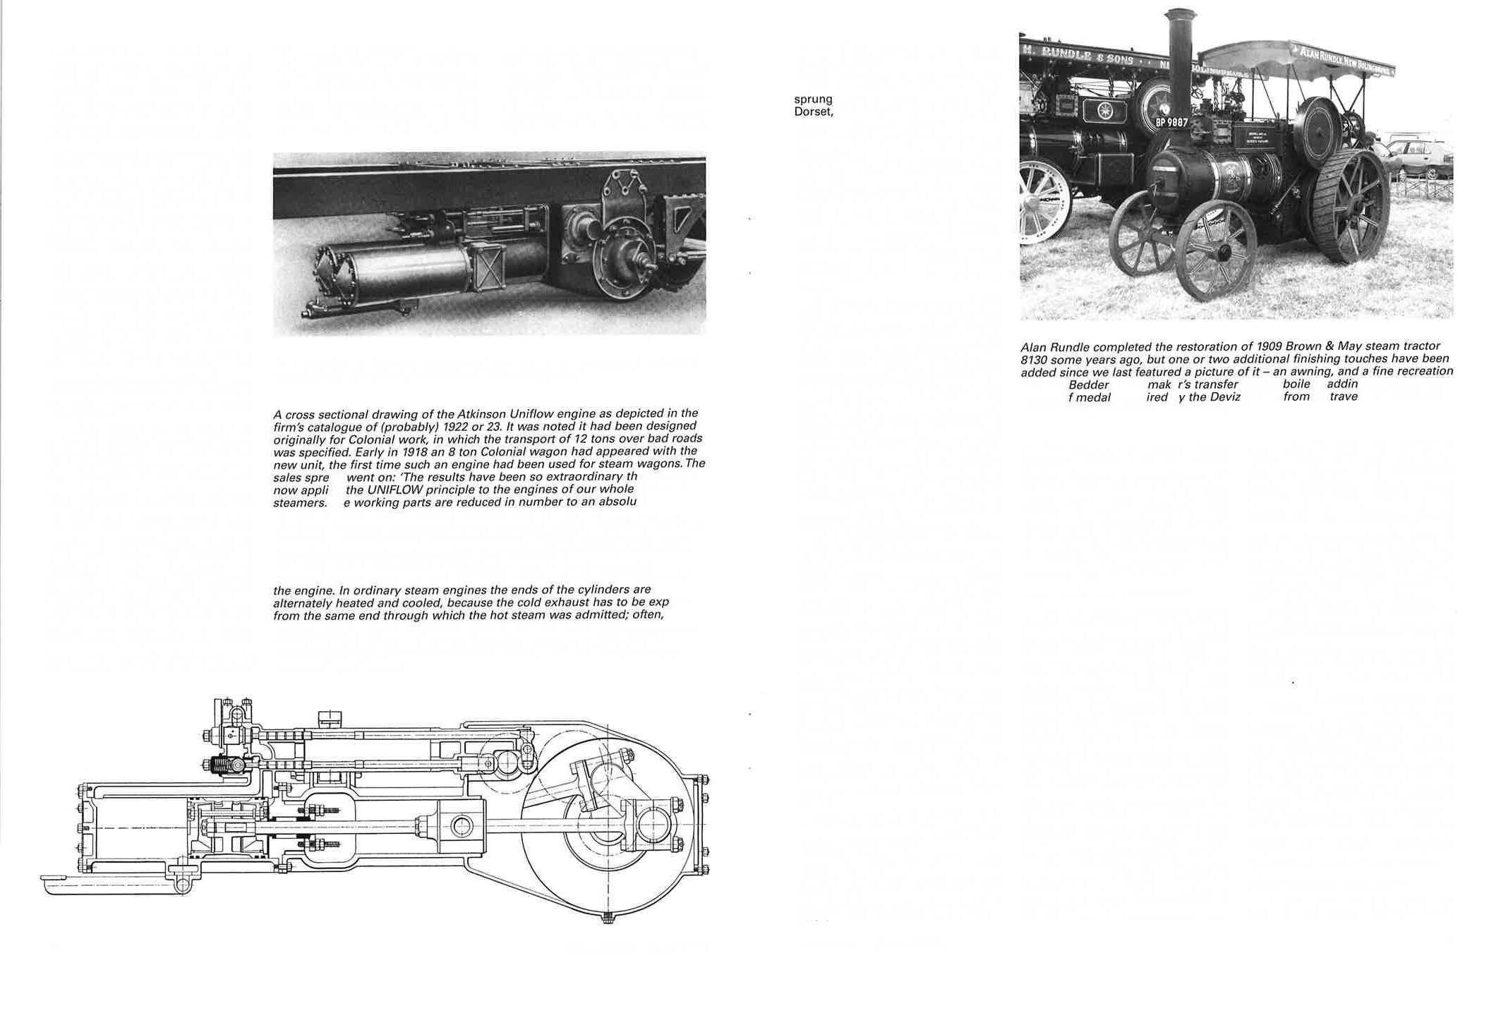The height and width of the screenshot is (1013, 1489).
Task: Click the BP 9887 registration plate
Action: click(x=1171, y=123)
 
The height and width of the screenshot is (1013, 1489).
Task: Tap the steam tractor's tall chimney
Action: click(x=1179, y=63)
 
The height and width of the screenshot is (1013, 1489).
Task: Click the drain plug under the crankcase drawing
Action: click(x=608, y=918)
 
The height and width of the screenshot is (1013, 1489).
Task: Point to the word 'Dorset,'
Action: click(x=814, y=111)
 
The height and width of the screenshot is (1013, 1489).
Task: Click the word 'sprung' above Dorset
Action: click(x=813, y=99)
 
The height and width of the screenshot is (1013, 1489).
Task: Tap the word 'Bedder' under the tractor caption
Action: click(x=1089, y=384)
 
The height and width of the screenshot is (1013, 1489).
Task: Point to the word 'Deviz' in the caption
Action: click(x=1224, y=396)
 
